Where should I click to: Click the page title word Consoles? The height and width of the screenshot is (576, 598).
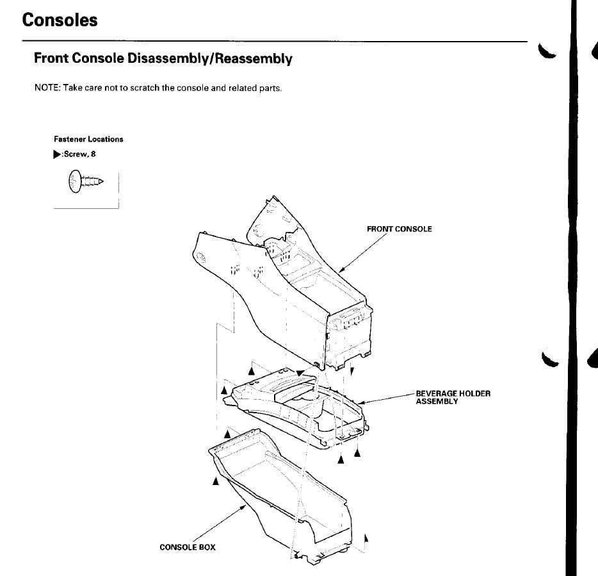(x=60, y=20)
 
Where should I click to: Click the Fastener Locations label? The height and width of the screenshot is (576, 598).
(x=88, y=139)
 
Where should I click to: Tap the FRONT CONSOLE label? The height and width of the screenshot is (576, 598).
(x=399, y=229)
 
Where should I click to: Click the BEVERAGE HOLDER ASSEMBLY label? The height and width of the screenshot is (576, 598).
(x=453, y=397)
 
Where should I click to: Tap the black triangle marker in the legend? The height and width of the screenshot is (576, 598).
(x=57, y=154)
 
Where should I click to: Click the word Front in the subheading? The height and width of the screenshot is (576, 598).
(x=51, y=59)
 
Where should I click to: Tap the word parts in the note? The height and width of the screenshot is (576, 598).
(x=270, y=88)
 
